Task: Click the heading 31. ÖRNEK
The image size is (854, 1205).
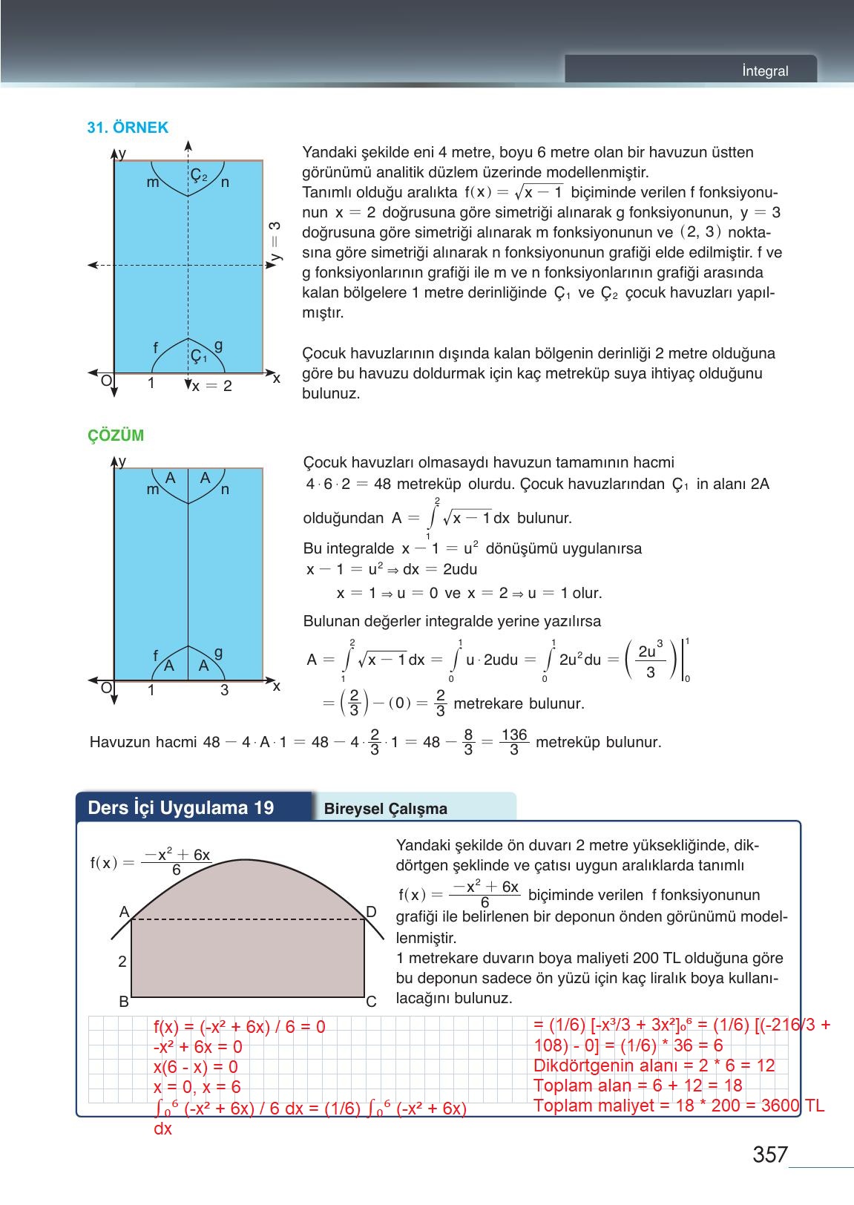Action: click(128, 128)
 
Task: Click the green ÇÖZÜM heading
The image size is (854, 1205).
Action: click(116, 436)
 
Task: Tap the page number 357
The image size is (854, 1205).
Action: click(769, 1155)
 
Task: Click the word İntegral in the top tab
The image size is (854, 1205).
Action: click(765, 71)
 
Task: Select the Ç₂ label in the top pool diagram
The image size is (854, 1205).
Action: click(198, 175)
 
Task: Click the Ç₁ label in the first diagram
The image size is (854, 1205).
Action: click(198, 356)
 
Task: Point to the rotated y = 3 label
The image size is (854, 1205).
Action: click(275, 241)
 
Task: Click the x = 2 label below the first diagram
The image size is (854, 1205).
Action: click(211, 387)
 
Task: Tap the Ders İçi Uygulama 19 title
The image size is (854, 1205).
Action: click(180, 808)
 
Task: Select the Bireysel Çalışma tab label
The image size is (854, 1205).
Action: click(386, 810)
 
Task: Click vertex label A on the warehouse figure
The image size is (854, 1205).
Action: click(124, 911)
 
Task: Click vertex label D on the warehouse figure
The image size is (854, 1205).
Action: click(371, 911)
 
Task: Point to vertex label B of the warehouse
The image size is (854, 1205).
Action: click(124, 1002)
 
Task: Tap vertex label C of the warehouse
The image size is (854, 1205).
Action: click(371, 1002)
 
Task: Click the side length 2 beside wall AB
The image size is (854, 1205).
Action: click(122, 962)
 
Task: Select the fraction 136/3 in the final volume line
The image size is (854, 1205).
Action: click(513, 742)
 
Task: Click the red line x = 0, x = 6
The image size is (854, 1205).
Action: click(197, 1088)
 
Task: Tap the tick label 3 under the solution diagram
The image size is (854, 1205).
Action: click(224, 691)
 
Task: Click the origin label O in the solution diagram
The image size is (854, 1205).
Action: click(106, 689)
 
